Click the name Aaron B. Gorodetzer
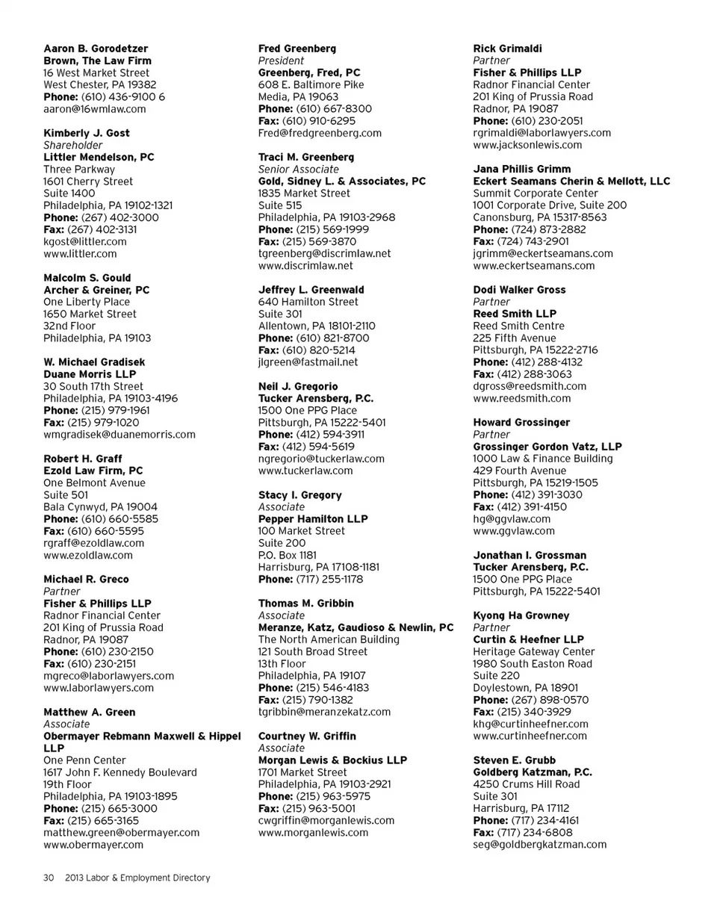tap(96, 49)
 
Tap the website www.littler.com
tap(80, 254)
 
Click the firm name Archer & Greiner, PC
tap(97, 290)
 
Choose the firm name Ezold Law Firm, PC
tap(93, 471)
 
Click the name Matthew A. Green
tap(90, 712)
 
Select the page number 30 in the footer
tap(48, 878)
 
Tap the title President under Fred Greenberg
tap(281, 61)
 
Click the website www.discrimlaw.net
tap(305, 266)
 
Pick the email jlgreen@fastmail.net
tap(308, 362)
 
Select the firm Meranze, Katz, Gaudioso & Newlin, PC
tap(356, 627)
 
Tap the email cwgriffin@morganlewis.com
tap(326, 820)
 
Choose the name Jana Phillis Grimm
tap(522, 169)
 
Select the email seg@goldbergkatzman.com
tap(540, 844)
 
